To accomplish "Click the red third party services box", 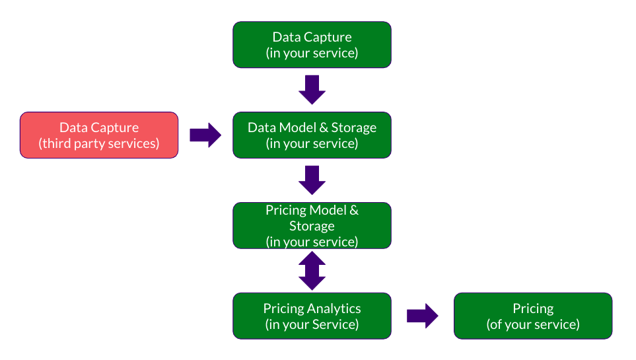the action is [99, 135].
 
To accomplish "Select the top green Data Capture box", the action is [312, 45].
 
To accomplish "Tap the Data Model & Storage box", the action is [312, 135].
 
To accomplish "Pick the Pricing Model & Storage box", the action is [312, 226].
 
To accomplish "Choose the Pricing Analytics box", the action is [312, 316].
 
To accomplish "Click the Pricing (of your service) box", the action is [533, 316].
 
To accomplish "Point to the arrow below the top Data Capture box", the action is [312, 90].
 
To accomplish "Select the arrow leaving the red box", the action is [205, 135].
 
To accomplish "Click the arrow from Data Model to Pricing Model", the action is [312, 180].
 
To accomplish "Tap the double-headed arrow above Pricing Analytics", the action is [312, 271].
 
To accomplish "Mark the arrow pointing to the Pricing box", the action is [423, 316].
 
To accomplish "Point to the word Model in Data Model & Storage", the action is [298, 127].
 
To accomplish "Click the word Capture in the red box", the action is [115, 128].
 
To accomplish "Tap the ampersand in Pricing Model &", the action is [354, 210].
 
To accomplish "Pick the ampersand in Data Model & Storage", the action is [324, 127].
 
